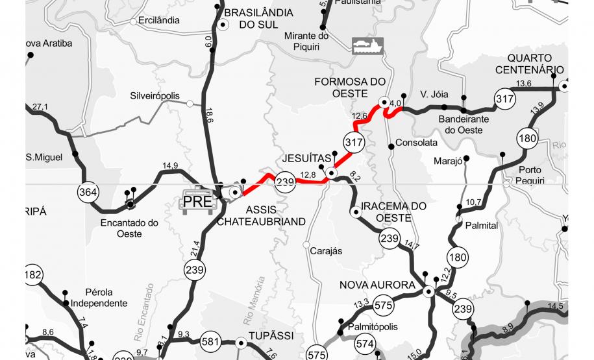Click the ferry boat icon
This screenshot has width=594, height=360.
(x=367, y=45)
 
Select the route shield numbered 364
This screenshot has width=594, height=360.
(x=88, y=193)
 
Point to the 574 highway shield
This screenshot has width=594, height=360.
(x=366, y=344)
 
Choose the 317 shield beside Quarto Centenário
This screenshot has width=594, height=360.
(x=504, y=99)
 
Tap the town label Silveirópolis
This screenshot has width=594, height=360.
(x=155, y=95)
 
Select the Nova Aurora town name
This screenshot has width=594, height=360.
(x=377, y=285)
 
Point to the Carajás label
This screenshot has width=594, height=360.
(x=327, y=251)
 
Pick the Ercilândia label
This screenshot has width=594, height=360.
(x=158, y=20)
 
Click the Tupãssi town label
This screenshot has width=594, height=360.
(x=272, y=335)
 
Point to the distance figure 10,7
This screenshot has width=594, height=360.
(x=474, y=202)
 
